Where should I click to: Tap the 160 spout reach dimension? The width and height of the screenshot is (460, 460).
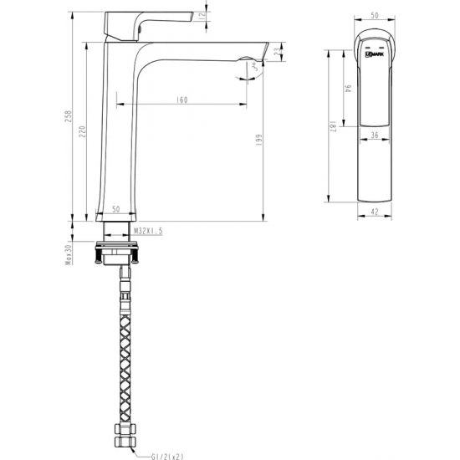181,100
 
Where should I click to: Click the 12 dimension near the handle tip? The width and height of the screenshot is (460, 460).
203,16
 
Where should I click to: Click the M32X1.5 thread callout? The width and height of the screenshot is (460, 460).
147,228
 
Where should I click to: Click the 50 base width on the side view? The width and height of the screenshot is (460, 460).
115,208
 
